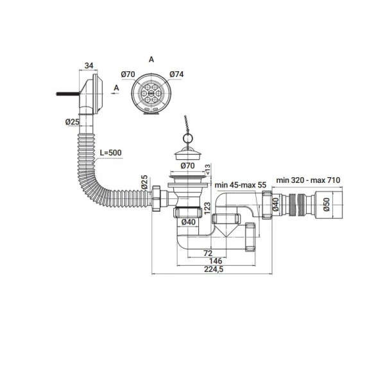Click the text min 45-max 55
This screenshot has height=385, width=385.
(241, 185)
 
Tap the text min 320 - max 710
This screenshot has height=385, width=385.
(307, 180)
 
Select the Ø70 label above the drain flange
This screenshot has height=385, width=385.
(187, 166)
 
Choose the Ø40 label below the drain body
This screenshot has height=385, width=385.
(189, 222)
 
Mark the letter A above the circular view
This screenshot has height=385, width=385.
(151, 59)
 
